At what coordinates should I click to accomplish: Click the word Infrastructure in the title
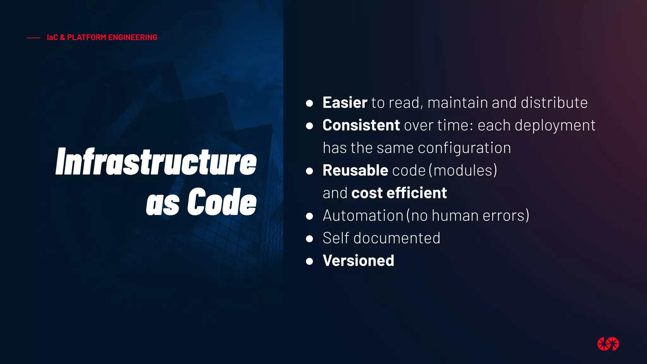click(156, 162)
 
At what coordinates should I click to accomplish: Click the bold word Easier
click(345, 103)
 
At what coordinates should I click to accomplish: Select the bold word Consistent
click(361, 125)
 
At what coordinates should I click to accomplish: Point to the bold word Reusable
click(355, 171)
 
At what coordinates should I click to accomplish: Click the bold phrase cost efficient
click(399, 193)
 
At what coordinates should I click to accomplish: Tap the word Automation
click(363, 216)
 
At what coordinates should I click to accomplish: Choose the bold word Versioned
click(358, 261)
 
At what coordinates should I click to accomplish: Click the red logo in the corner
click(608, 344)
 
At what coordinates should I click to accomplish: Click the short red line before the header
click(33, 38)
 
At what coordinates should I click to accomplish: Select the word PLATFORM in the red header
click(87, 37)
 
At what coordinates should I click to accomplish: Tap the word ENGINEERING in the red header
click(132, 37)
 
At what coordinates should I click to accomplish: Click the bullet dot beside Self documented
click(309, 239)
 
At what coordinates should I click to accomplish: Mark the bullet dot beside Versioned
click(309, 261)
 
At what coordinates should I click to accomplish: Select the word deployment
click(555, 125)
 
